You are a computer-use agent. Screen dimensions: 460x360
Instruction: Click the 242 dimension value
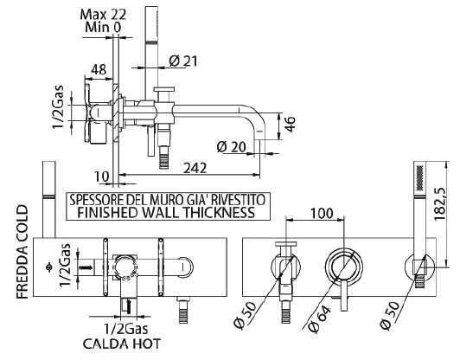[x=195, y=168]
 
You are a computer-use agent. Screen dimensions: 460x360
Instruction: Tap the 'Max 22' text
[x=103, y=14]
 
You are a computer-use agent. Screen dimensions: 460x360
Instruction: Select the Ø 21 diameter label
[x=183, y=61]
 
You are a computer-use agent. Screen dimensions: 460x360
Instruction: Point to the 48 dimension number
[x=99, y=69]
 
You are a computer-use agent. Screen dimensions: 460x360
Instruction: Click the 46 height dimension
[x=290, y=125]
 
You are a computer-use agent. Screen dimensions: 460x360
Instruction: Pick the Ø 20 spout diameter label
[x=232, y=146]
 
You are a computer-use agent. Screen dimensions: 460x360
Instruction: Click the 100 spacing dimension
[x=322, y=213]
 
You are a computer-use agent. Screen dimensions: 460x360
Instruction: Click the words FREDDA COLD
[x=22, y=252]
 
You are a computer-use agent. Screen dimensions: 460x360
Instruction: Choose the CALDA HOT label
[x=122, y=344]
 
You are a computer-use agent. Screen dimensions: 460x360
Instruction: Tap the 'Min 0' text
[x=103, y=27]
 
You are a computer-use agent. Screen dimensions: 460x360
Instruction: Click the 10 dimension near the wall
[x=101, y=177]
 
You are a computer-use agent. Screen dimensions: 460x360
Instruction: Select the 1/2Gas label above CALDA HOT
[x=126, y=329]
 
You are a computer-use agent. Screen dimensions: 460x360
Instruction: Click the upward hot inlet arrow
[x=128, y=306]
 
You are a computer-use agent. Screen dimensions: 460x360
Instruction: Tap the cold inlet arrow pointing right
[x=86, y=267]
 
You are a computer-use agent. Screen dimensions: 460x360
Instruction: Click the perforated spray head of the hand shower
[x=420, y=177]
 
